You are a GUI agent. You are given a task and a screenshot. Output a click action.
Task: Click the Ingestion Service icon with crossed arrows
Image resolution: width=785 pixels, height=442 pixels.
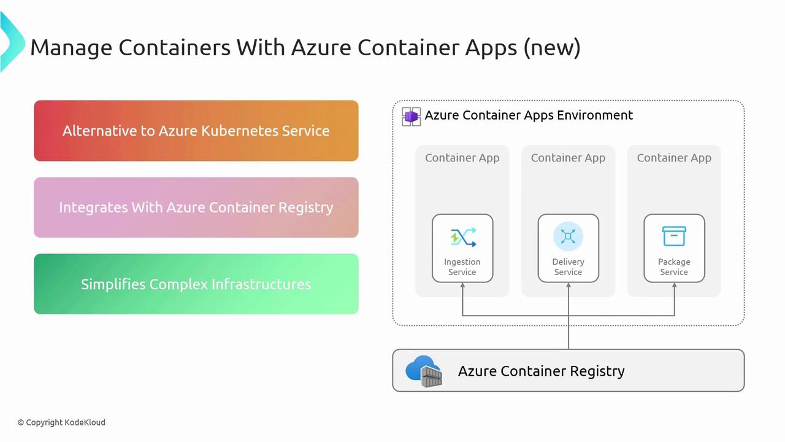tap(462, 237)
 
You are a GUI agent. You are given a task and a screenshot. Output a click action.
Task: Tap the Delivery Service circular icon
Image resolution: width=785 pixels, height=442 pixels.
tap(568, 236)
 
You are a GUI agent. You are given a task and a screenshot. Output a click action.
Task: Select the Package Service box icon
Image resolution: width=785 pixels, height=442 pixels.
tap(674, 236)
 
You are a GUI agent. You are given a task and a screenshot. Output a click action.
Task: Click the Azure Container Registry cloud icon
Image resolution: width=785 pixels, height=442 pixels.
tap(424, 371)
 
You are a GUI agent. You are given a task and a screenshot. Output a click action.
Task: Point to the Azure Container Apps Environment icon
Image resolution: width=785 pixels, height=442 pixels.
tap(411, 116)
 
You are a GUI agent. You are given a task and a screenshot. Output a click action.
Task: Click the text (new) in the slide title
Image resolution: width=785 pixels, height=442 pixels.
tap(552, 47)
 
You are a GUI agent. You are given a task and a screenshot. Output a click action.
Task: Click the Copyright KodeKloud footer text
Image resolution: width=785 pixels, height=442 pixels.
tap(61, 422)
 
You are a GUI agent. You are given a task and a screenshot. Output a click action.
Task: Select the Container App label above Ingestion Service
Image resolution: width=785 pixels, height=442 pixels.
tap(462, 158)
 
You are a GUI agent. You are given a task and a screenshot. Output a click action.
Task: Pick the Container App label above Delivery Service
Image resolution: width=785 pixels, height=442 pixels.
tap(568, 158)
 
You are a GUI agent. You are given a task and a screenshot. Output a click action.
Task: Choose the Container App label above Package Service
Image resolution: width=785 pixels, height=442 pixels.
tap(674, 158)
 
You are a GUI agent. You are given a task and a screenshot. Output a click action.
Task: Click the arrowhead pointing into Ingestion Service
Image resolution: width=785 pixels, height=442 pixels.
tap(462, 287)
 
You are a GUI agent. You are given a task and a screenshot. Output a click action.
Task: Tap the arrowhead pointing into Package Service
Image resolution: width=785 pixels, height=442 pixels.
tap(674, 287)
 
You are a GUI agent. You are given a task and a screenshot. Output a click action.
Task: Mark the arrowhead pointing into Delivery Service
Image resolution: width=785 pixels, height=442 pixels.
tap(569, 287)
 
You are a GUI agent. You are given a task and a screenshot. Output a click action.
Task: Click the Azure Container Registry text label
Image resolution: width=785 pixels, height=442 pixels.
tap(541, 371)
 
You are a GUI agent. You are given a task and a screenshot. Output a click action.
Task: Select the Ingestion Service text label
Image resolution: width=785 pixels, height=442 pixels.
tap(462, 267)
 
